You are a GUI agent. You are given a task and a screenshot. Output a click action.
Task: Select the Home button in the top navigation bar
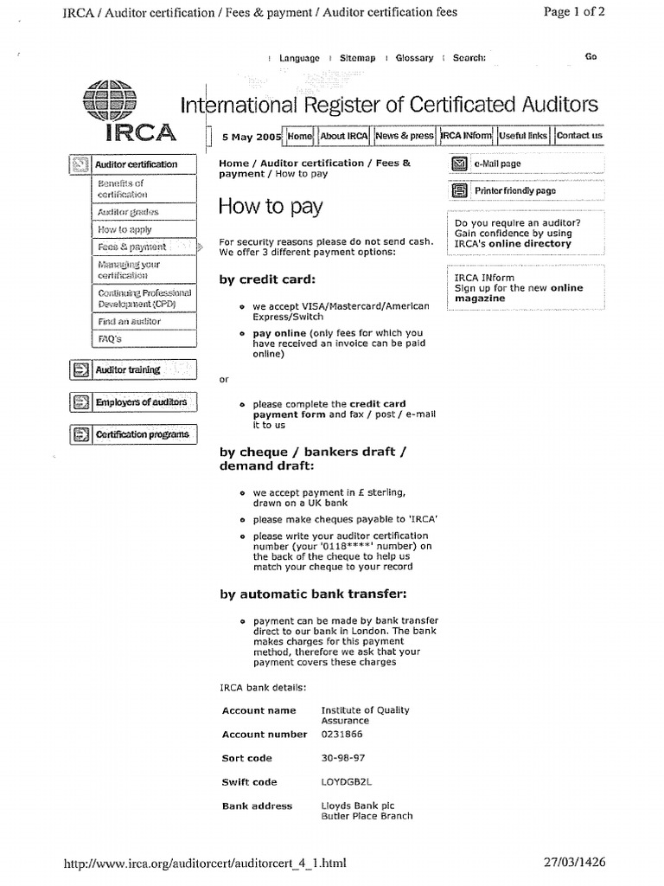299,137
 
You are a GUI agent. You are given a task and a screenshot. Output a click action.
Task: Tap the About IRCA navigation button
344,137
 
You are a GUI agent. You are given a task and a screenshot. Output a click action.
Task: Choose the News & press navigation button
405,137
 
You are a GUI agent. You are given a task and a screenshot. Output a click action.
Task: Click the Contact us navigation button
579,137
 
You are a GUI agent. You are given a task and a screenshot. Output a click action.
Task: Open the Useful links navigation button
523,137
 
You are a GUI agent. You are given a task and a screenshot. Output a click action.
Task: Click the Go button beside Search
591,57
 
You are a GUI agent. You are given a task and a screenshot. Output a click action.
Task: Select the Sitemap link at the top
357,58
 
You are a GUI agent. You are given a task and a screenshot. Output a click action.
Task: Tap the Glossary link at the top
414,58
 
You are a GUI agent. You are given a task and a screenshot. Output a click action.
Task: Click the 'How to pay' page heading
271,207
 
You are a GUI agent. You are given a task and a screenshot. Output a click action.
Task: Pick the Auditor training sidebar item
128,370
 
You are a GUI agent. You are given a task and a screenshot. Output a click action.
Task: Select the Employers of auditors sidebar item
140,402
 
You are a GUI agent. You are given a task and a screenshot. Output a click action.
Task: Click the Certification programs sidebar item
142,434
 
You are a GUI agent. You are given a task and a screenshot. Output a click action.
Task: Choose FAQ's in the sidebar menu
110,339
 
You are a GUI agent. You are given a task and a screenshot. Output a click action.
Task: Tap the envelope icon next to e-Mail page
459,164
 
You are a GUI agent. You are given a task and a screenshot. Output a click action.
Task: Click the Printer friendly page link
515,191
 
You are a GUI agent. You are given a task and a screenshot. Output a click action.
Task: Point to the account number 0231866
342,735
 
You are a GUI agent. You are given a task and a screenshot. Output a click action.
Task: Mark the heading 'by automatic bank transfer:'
313,594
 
